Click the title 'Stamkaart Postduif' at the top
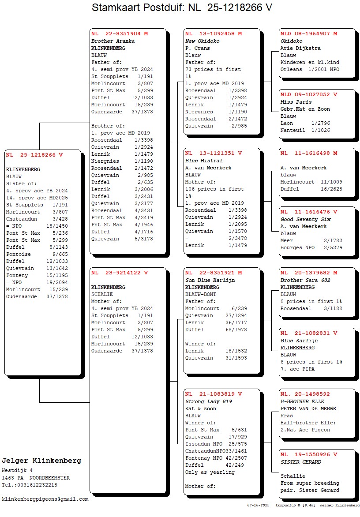click(139, 7)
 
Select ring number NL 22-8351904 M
click(120, 34)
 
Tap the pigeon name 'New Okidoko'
click(202, 41)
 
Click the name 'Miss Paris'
click(296, 102)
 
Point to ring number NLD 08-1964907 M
click(309, 34)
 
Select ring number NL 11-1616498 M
click(309, 153)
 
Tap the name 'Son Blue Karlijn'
click(210, 280)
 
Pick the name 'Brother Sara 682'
click(305, 280)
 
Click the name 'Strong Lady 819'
click(209, 401)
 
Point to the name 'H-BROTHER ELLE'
click(302, 401)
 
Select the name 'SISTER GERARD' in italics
click(301, 462)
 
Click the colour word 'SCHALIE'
click(102, 294)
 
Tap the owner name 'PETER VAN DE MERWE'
click(308, 408)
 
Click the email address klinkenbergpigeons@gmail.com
click(45, 499)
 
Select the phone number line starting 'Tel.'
click(29, 485)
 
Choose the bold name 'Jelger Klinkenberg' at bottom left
click(41, 461)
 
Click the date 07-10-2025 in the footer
click(258, 505)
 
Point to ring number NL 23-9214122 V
click(120, 273)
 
